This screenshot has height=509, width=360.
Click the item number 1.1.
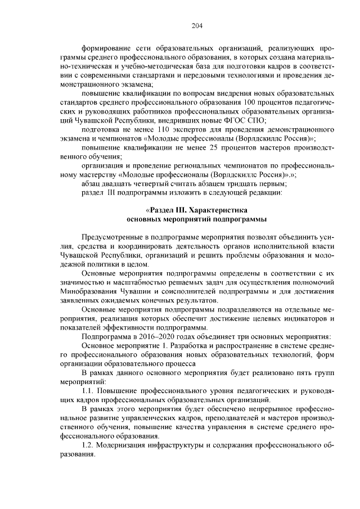tap(90, 390)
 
